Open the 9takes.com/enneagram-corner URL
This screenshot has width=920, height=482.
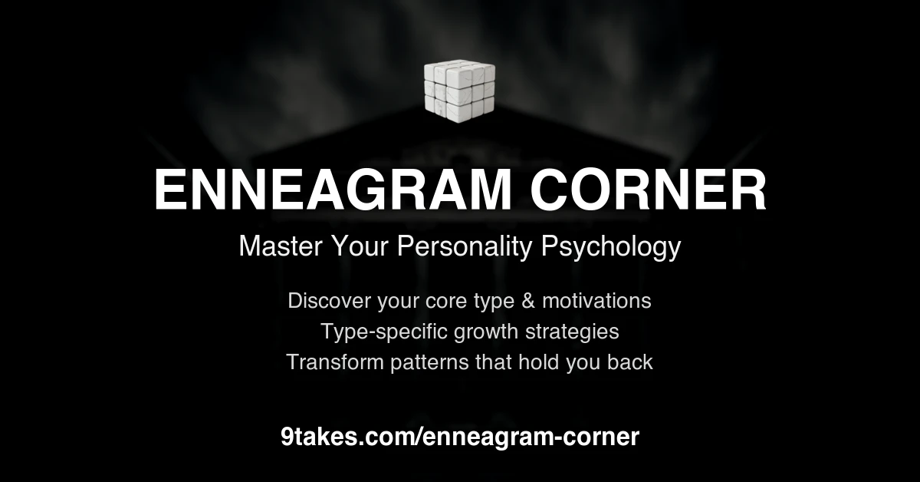click(460, 437)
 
